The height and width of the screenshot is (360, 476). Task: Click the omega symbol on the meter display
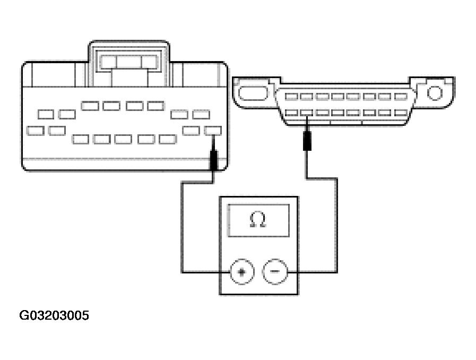pyautogui.click(x=258, y=220)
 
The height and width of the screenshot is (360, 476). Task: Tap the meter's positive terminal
pyautogui.click(x=242, y=272)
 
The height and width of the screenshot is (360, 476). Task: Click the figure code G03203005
pyautogui.click(x=54, y=316)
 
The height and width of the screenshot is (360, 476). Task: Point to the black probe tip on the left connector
pyautogui.click(x=214, y=159)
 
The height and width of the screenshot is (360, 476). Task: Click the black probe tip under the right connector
pyautogui.click(x=306, y=142)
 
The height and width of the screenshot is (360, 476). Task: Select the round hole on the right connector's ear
pyautogui.click(x=435, y=93)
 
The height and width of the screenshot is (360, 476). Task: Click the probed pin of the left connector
pyautogui.click(x=213, y=130)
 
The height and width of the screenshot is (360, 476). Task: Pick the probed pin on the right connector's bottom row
pyautogui.click(x=306, y=113)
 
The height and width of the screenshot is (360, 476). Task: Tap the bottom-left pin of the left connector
pyautogui.click(x=36, y=130)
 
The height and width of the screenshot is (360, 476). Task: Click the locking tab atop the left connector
pyautogui.click(x=129, y=60)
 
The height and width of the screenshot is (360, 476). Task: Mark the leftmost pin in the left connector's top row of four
pyautogui.click(x=90, y=106)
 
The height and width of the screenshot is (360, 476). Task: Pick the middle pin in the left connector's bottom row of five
pyautogui.click(x=124, y=139)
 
